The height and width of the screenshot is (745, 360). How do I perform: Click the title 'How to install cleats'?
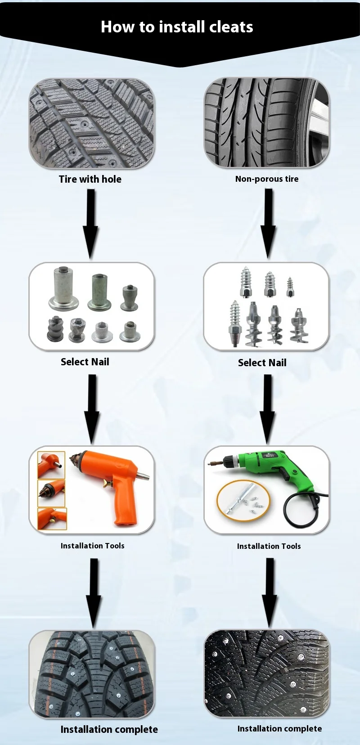click(177, 27)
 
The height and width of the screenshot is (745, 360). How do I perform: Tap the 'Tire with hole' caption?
click(90, 179)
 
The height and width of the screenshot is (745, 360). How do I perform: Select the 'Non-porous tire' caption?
click(267, 179)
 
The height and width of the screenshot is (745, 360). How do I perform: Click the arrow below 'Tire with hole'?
click(91, 223)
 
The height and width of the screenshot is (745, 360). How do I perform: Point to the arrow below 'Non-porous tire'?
click(269, 223)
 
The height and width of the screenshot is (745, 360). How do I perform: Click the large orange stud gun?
click(112, 481)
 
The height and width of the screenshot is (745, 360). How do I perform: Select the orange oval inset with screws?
click(243, 500)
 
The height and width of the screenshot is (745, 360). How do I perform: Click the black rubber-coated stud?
click(55, 329)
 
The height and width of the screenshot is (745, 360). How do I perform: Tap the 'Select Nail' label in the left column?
click(85, 362)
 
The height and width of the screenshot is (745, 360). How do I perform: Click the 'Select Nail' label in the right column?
click(262, 363)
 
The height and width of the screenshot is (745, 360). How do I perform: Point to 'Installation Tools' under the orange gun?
click(92, 546)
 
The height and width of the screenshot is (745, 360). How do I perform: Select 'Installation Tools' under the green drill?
click(269, 546)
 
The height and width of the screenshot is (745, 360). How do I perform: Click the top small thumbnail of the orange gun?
click(51, 465)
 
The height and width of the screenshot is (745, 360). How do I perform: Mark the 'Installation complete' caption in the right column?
click(279, 729)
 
